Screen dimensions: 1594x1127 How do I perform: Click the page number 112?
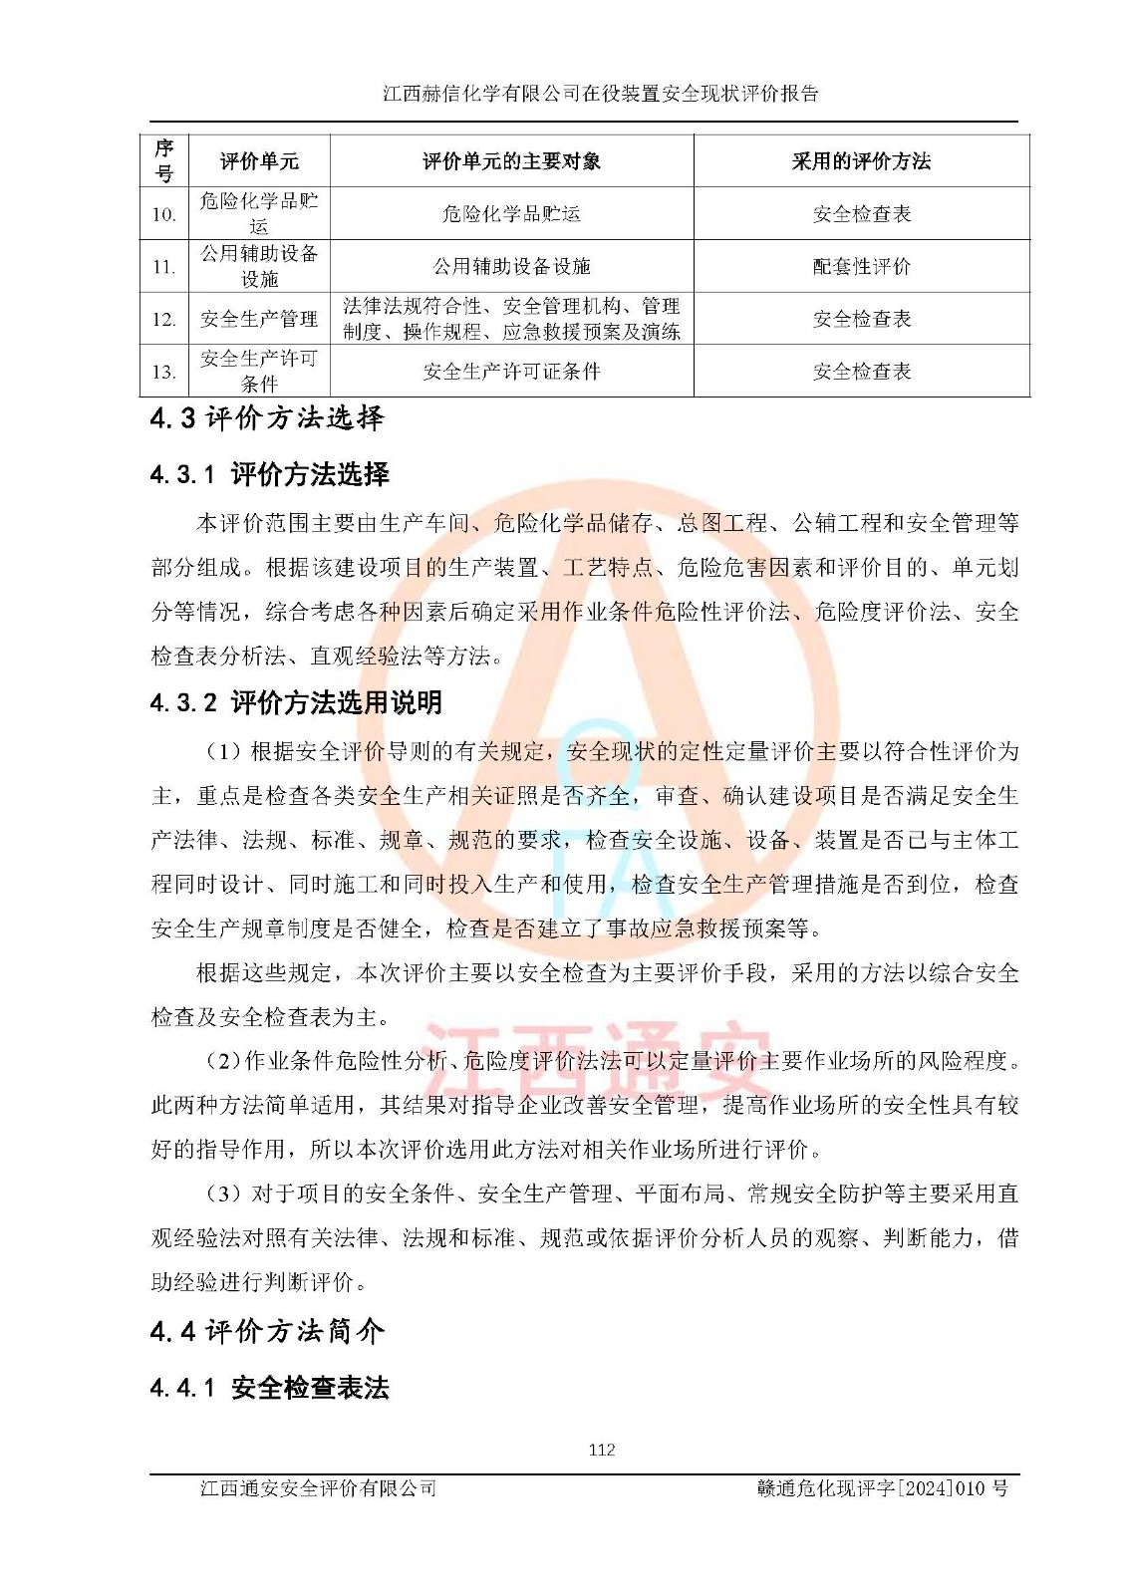(x=601, y=1450)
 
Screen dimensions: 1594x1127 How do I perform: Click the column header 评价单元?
(x=259, y=161)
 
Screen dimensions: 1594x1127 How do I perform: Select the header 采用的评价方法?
(x=861, y=161)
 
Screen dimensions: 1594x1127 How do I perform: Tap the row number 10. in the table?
(x=164, y=214)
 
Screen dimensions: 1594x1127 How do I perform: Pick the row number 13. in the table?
(x=164, y=372)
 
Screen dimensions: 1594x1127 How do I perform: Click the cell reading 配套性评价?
(x=861, y=266)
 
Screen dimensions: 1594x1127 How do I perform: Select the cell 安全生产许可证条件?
(x=511, y=372)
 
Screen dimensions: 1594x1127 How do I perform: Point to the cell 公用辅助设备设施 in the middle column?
(x=511, y=266)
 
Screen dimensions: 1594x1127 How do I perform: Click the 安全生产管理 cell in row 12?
(x=259, y=319)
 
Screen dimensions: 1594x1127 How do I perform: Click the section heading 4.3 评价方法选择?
(x=267, y=418)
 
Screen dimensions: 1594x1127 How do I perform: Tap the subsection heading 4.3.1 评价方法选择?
(x=269, y=474)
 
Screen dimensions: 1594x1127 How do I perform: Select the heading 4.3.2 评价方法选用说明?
(x=296, y=702)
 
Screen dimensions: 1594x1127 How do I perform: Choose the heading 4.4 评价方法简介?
(x=267, y=1331)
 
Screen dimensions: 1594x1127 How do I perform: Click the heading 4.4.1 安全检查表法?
(x=269, y=1388)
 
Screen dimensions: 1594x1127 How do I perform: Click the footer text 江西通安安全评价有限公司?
(x=318, y=1487)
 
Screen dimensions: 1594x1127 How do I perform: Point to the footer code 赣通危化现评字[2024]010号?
(x=882, y=1487)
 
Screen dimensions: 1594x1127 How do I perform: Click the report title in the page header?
(x=601, y=94)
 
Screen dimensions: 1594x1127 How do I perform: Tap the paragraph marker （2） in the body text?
(x=224, y=1061)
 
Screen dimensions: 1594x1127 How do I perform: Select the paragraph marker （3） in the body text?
(x=224, y=1194)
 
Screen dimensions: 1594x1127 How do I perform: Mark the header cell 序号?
(x=164, y=161)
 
